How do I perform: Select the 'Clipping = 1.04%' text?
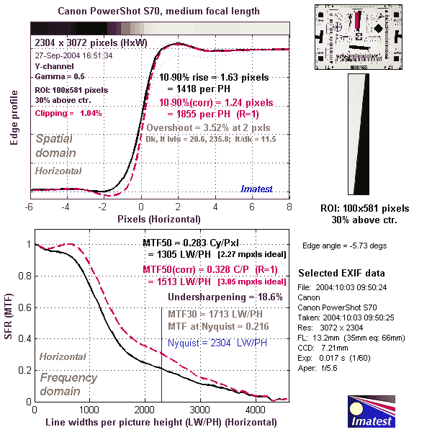[x=68, y=113]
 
